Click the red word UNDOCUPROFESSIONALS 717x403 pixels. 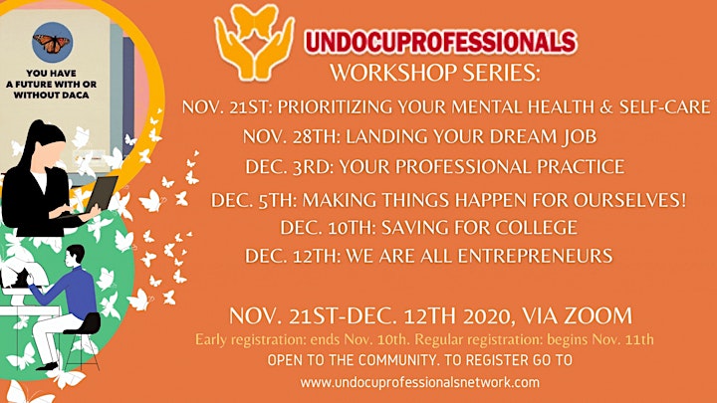tap(440, 42)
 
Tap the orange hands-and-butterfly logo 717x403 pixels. tap(254, 42)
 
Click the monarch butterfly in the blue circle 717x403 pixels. tap(52, 44)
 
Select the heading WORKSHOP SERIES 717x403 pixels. tap(435, 73)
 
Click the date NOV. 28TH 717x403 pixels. tap(291, 136)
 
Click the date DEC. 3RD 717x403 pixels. tap(289, 167)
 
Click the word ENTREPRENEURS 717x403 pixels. tap(535, 256)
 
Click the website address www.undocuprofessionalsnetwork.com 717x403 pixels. tap(420, 382)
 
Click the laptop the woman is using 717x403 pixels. tap(100, 195)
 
